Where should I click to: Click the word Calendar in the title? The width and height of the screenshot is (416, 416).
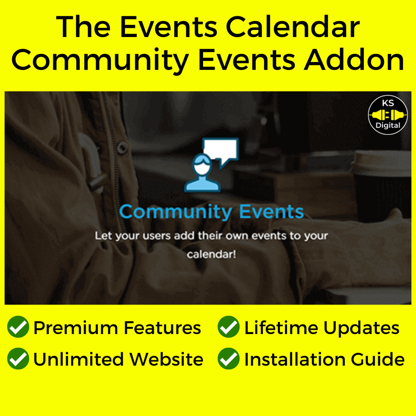(292, 27)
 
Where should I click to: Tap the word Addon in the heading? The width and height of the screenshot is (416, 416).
(354, 60)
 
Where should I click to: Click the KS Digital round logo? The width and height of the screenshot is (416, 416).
(388, 115)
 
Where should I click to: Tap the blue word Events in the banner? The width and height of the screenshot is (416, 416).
(271, 212)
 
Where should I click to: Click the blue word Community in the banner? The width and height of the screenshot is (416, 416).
(176, 213)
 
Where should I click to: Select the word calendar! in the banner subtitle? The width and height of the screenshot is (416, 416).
(211, 255)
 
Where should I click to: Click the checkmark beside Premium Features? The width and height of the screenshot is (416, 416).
(18, 327)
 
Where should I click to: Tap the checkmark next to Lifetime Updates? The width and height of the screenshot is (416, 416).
(228, 327)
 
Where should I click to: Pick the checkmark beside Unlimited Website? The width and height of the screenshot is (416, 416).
(18, 359)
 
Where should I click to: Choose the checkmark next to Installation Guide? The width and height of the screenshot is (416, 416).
(228, 359)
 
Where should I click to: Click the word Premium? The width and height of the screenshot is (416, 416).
(76, 328)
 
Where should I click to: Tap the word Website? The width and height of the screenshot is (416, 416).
(166, 359)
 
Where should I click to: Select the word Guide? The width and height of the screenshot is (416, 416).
(378, 359)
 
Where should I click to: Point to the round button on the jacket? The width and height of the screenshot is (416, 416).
(122, 148)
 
